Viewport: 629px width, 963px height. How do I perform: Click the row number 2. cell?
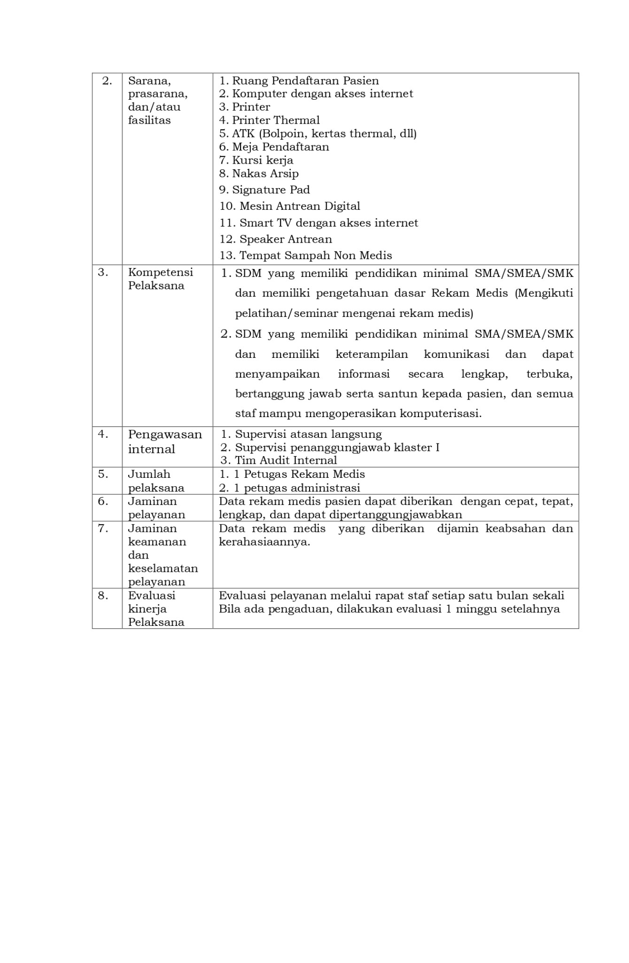tap(107, 81)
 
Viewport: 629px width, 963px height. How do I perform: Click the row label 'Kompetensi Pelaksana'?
tap(160, 279)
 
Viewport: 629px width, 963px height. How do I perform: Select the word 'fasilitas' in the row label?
tap(149, 120)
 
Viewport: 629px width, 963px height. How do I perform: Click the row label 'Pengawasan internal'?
tap(165, 442)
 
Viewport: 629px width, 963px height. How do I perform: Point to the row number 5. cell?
tap(103, 474)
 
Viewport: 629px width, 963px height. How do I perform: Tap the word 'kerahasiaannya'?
tap(264, 542)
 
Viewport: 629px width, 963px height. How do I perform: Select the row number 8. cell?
tap(103, 596)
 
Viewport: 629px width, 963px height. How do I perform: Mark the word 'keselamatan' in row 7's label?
tap(163, 568)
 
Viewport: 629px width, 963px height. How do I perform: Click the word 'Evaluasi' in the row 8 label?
tap(151, 596)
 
